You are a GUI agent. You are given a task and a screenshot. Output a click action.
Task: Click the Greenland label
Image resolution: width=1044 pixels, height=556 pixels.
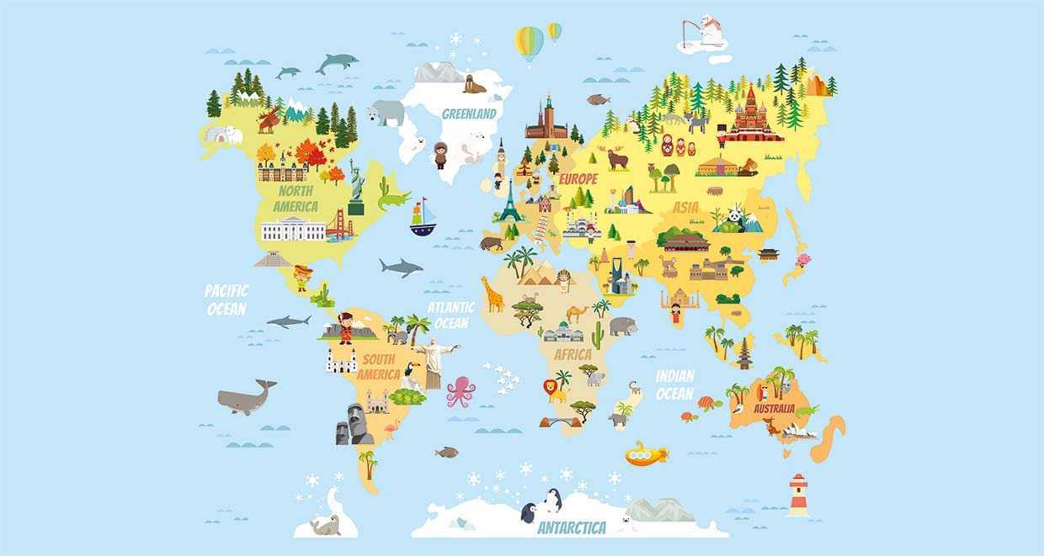coord(470,113)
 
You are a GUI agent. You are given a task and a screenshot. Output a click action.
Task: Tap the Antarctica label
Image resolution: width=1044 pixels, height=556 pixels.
coord(572,527)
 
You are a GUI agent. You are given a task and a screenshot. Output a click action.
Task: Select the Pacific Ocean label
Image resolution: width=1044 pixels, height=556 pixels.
coord(226,299)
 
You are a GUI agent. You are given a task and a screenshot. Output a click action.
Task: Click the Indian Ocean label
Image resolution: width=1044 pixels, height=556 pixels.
coord(674,385)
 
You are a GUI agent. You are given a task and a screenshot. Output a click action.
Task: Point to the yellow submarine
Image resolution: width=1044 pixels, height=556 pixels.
coord(646,455)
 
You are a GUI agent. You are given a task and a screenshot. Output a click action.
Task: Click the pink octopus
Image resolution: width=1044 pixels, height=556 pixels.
coord(461,392)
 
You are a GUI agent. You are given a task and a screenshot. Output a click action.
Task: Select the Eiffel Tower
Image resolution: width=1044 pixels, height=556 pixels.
coord(510,201)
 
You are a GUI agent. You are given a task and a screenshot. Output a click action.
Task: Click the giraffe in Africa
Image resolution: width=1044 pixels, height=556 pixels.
coord(492,294)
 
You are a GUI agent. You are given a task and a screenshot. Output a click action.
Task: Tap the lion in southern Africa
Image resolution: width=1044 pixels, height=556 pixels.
coord(555,389)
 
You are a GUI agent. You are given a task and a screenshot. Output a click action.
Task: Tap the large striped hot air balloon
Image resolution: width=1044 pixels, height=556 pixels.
coord(529,43)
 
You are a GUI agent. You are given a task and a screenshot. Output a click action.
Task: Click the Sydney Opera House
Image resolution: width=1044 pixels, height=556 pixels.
coord(799,432)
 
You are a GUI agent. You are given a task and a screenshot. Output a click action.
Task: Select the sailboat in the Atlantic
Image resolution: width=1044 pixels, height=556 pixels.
coord(423,219)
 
